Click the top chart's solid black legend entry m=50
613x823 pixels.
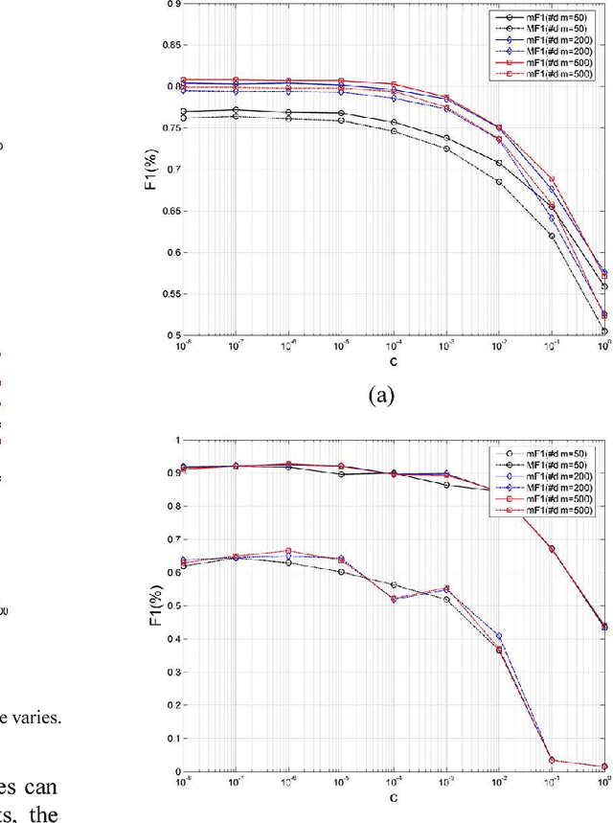tap(542, 16)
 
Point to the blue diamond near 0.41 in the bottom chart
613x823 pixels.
tap(498, 636)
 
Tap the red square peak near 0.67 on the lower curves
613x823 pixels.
tap(288, 551)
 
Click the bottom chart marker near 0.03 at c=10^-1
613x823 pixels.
tap(551, 760)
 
